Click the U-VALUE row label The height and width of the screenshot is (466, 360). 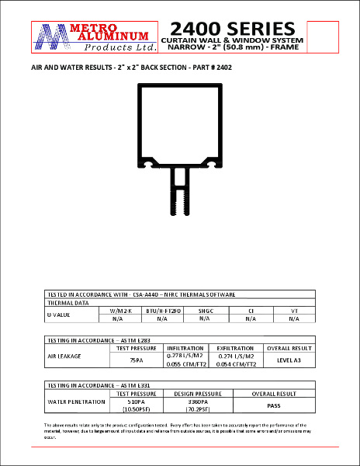pyautogui.click(x=59, y=315)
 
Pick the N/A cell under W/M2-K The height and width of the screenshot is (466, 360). pyautogui.click(x=118, y=318)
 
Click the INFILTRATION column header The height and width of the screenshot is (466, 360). pyautogui.click(x=185, y=348)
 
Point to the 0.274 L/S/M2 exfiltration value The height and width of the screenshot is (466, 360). pyautogui.click(x=237, y=356)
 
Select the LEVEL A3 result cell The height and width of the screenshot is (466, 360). pyautogui.click(x=290, y=360)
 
